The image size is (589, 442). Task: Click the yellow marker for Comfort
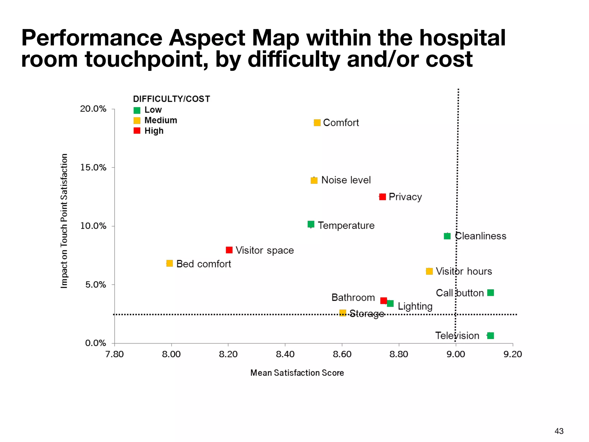click(317, 123)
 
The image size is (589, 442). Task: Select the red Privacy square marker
click(383, 197)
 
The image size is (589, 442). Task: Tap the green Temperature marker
click(311, 224)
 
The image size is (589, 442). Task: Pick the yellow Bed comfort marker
click(170, 263)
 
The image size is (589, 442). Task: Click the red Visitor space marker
click(229, 250)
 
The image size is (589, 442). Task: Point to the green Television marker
click(491, 336)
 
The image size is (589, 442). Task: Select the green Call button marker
click(491, 293)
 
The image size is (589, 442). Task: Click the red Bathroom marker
click(383, 300)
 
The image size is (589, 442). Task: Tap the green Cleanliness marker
click(447, 236)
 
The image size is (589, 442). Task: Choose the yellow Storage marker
click(343, 313)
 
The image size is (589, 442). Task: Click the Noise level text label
click(346, 180)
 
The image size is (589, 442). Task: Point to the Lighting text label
click(415, 306)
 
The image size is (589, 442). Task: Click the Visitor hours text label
click(464, 271)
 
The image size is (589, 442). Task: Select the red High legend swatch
click(137, 131)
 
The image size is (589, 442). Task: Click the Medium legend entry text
click(160, 120)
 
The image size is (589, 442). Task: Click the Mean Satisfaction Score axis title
click(297, 373)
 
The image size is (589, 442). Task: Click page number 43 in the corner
click(559, 431)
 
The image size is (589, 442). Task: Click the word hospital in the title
click(462, 38)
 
